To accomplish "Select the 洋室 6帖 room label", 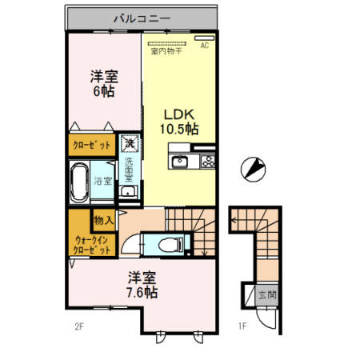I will coord(103,84).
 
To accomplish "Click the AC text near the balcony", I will coord(205,45).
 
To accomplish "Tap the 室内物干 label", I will coord(166,52).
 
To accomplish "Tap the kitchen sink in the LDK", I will coord(181,163).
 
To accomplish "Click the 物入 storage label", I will coord(103,219).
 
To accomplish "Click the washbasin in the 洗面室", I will coord(128,194).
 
